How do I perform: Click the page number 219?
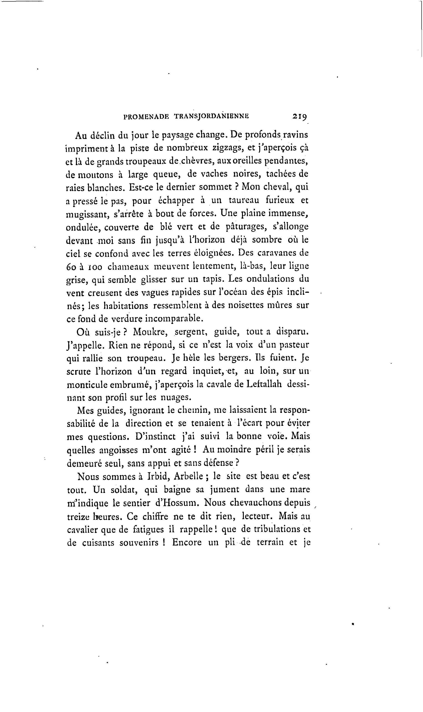(299, 116)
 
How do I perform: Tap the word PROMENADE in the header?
(146, 116)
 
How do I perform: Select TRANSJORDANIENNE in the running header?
(211, 116)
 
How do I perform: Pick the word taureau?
(244, 200)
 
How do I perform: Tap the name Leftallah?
(263, 384)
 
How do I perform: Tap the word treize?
(78, 516)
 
